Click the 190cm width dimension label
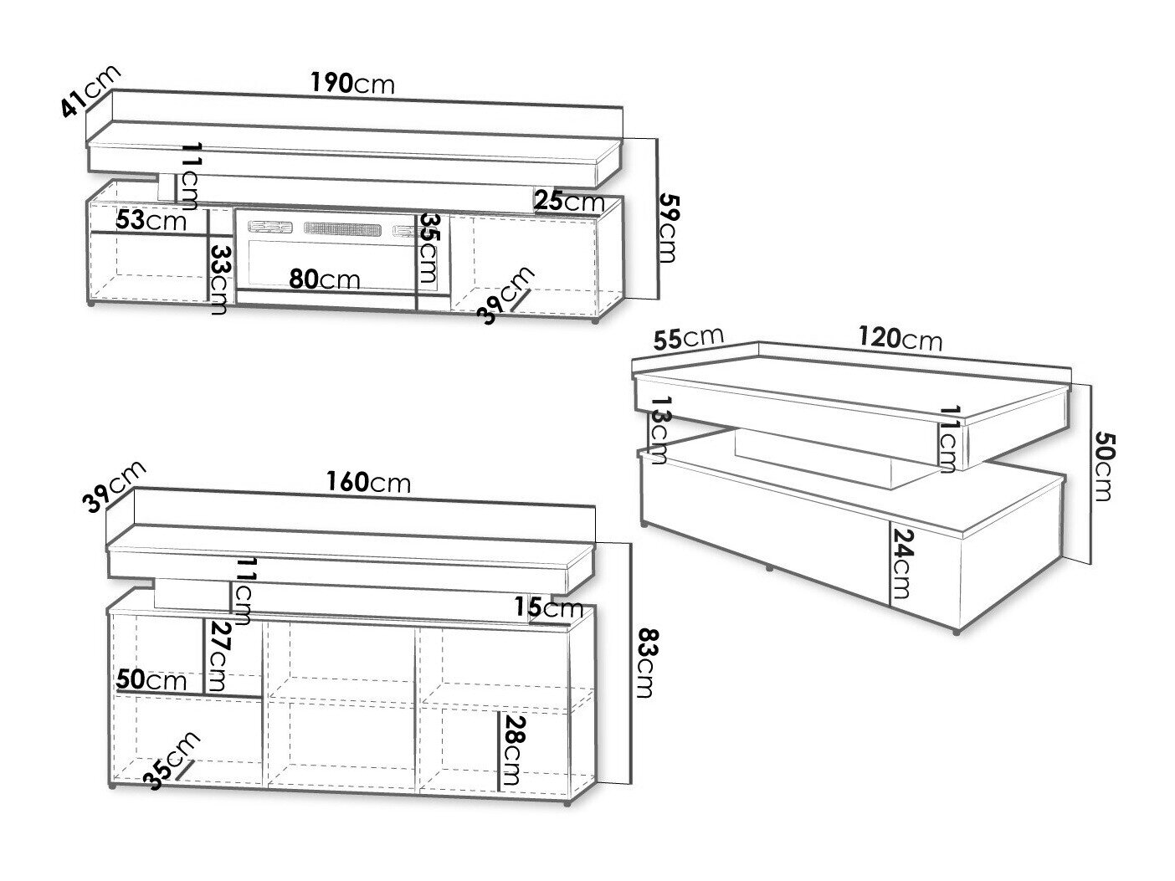353,84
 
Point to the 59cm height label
667,228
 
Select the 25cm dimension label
570,202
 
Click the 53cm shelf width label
151,220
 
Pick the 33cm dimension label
219,279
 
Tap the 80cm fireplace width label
325,279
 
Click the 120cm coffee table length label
900,339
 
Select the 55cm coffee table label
689,338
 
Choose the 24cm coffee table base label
901,564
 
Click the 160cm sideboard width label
369,482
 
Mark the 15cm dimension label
549,607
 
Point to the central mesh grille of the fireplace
344,228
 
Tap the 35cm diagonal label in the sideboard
172,761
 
